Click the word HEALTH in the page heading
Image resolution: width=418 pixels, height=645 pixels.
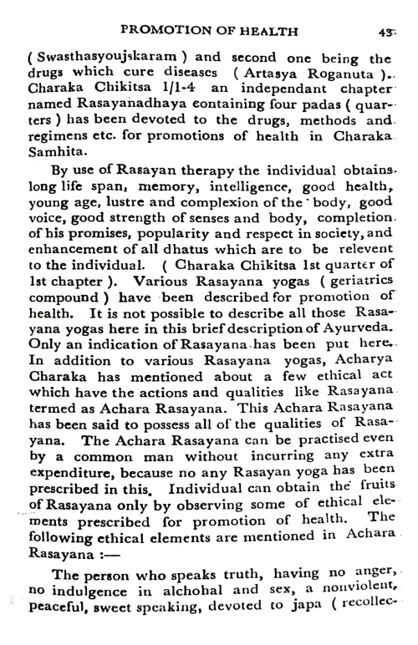tap(266, 32)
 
